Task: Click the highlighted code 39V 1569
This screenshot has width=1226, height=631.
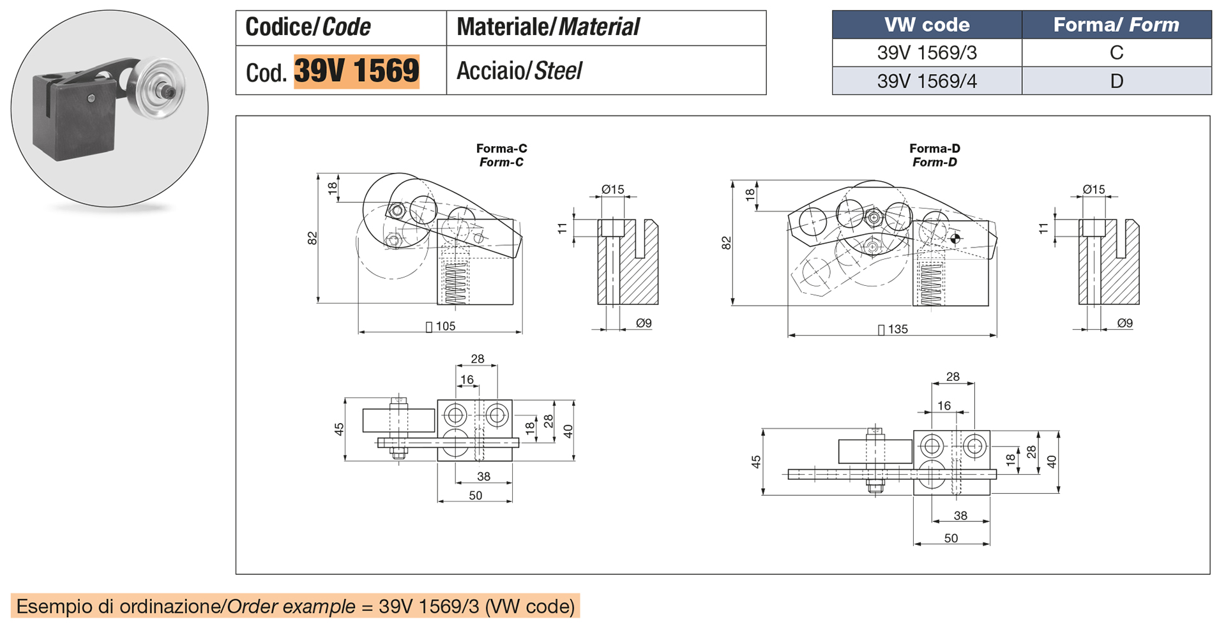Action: pyautogui.click(x=356, y=71)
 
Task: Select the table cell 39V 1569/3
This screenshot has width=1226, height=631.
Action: pyautogui.click(x=927, y=53)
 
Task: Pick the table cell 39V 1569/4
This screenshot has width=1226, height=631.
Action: pyautogui.click(x=927, y=81)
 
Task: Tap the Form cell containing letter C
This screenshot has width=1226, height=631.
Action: pyautogui.click(x=1116, y=53)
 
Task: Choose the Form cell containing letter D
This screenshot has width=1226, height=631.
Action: pyautogui.click(x=1116, y=81)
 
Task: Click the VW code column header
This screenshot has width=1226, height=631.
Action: pyautogui.click(x=927, y=25)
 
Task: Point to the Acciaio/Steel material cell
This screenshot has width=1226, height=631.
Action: pyautogui.click(x=519, y=71)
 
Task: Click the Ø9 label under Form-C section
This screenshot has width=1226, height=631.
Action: pyautogui.click(x=644, y=323)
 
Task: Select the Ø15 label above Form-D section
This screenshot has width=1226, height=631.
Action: pyautogui.click(x=1094, y=189)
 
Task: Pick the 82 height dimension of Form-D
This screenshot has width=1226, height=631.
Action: pyautogui.click(x=726, y=243)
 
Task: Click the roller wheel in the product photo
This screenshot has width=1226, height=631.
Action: pyautogui.click(x=160, y=89)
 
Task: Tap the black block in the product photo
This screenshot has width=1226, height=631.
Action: pyautogui.click(x=73, y=121)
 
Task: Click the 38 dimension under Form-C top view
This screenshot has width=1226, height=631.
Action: pyautogui.click(x=483, y=476)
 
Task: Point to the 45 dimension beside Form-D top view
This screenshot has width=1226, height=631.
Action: pyautogui.click(x=756, y=462)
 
